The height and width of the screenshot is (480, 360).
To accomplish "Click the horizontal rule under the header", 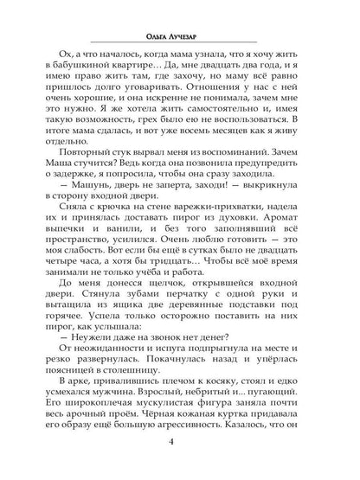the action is click(x=179, y=47).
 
